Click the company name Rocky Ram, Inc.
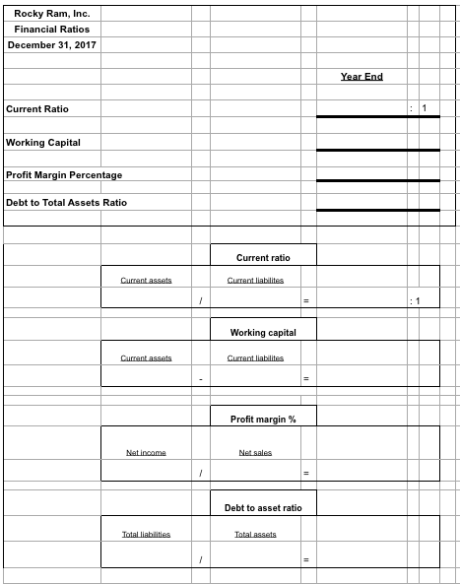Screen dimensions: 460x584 pyautogui.click(x=50, y=13)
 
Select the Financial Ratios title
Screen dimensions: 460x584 pyautogui.click(x=48, y=30)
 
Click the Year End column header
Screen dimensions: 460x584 pyautogui.click(x=361, y=77)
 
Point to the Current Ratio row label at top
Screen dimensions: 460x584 pyautogui.click(x=37, y=107)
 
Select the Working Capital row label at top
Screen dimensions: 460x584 pyautogui.click(x=43, y=142)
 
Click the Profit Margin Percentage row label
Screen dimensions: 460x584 pyautogui.click(x=64, y=174)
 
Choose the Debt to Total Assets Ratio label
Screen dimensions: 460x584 pyautogui.click(x=66, y=203)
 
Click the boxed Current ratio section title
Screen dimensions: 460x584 pyautogui.click(x=263, y=257)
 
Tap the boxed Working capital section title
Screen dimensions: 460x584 pyautogui.click(x=263, y=333)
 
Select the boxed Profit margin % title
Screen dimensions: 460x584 pyautogui.click(x=263, y=420)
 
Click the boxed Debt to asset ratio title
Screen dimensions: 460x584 pyautogui.click(x=263, y=507)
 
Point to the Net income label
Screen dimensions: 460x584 pyautogui.click(x=146, y=452)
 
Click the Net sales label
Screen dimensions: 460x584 pyautogui.click(x=256, y=452)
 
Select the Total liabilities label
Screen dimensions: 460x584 pyautogui.click(x=146, y=534)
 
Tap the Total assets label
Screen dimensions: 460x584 pyautogui.click(x=255, y=534)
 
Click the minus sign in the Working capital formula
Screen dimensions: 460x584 pyautogui.click(x=200, y=378)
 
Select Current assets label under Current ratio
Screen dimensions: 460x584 pyautogui.click(x=147, y=281)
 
